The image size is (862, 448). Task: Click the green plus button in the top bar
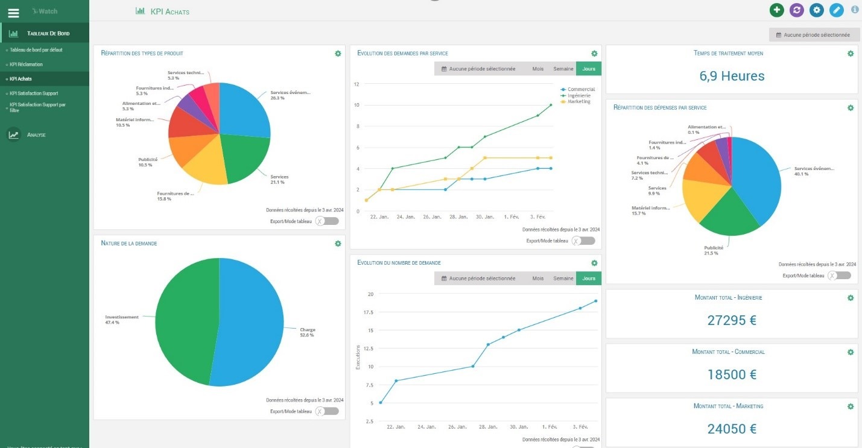pyautogui.click(x=776, y=10)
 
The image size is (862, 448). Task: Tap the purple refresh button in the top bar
pyautogui.click(x=796, y=10)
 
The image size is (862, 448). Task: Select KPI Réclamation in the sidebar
pyautogui.click(x=27, y=64)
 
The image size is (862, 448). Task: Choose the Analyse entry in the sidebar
pyautogui.click(x=36, y=135)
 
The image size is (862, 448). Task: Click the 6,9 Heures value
pyautogui.click(x=732, y=76)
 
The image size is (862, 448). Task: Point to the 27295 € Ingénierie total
pyautogui.click(x=732, y=320)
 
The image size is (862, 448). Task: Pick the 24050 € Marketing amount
pyautogui.click(x=732, y=429)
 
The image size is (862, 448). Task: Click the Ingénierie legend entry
pyautogui.click(x=578, y=95)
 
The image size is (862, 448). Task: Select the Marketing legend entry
pyautogui.click(x=578, y=101)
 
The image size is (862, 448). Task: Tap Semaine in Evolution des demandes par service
pyautogui.click(x=563, y=69)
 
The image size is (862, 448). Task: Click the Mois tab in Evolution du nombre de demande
pyautogui.click(x=537, y=279)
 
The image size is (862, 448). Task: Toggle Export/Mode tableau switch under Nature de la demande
pyautogui.click(x=328, y=411)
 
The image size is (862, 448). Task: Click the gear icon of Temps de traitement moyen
pyautogui.click(x=851, y=54)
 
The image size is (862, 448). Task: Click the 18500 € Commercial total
pyautogui.click(x=732, y=374)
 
